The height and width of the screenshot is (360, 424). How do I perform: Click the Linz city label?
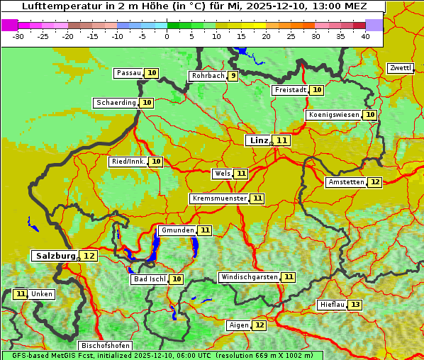[258, 140]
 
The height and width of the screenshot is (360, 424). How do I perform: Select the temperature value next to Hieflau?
[355, 305]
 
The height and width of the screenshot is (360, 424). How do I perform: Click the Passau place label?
[129, 73]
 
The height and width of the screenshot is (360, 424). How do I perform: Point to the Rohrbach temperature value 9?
[233, 76]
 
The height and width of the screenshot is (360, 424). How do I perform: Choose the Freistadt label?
[290, 90]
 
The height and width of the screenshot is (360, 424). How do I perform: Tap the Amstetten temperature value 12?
[375, 182]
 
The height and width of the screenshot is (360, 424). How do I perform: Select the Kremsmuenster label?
[219, 198]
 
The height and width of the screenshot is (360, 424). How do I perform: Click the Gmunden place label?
[177, 230]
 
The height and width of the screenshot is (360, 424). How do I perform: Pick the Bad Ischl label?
[149, 279]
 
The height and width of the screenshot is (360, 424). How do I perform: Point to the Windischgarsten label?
[249, 277]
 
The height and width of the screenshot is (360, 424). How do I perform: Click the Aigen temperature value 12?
[260, 325]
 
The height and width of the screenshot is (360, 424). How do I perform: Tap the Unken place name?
[42, 294]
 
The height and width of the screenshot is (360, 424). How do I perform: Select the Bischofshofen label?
[105, 346]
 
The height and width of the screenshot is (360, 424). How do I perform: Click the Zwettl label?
[400, 68]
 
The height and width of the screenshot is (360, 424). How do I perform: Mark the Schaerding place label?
[116, 103]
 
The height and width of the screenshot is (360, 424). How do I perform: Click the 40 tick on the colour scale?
[364, 36]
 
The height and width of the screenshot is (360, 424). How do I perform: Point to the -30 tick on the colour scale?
[18, 36]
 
